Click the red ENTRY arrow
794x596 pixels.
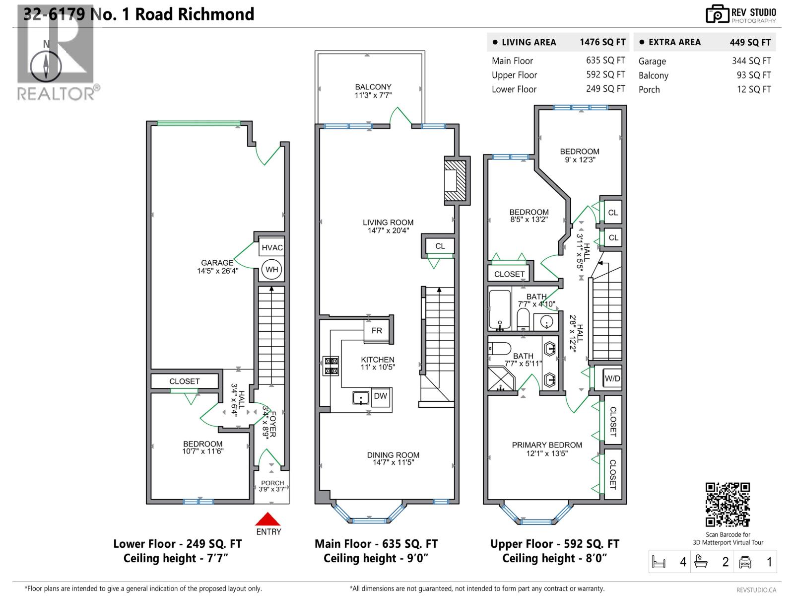pos(268,520)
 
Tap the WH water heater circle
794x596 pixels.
pos(271,270)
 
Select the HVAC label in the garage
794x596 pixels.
pos(272,247)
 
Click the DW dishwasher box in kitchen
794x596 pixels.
pos(380,396)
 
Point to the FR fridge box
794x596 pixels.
pos(377,331)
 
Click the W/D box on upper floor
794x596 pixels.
pos(612,378)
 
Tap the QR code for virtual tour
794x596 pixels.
pos(728,504)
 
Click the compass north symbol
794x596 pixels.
pos(46,66)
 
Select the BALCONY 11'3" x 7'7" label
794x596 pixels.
pos(373,91)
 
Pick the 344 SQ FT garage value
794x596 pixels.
pos(751,61)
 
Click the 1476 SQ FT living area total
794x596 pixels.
pos(602,42)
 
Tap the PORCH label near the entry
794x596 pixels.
pos(272,486)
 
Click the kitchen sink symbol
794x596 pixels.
pos(361,398)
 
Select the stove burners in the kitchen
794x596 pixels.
pos(331,366)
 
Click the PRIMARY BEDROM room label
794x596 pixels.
pos(547,448)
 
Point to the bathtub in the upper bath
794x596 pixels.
pos(500,310)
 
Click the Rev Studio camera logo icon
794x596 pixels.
pos(717,14)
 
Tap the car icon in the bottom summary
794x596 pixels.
pos(745,562)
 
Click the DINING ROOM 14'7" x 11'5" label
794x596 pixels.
pos(393,458)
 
